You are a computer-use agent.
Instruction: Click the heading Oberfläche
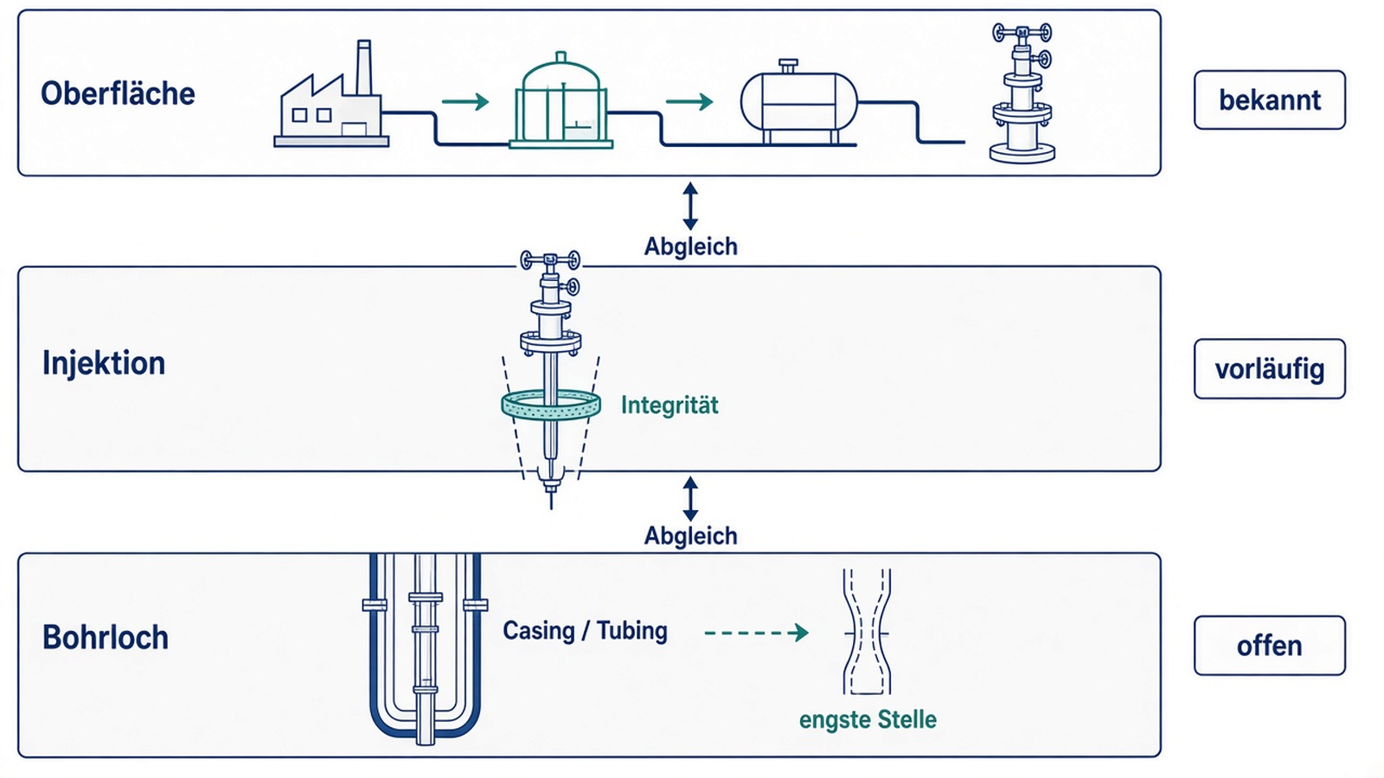(118, 94)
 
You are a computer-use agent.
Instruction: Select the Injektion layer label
(104, 363)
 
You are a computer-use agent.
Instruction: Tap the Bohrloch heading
(106, 637)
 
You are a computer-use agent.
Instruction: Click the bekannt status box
(1270, 99)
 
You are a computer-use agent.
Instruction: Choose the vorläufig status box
(1270, 368)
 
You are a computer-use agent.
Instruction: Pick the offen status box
(1270, 645)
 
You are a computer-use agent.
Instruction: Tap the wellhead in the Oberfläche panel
(1022, 93)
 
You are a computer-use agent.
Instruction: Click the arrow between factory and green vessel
(465, 101)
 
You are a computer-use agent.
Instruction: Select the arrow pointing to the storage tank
(689, 101)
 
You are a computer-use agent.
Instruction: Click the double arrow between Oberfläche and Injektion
(690, 206)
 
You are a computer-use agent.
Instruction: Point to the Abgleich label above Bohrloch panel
(691, 535)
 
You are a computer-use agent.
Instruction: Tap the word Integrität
(670, 405)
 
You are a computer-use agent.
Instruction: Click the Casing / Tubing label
(585, 630)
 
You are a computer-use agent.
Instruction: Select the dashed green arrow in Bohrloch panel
(756, 632)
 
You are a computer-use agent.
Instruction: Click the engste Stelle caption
(868, 719)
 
